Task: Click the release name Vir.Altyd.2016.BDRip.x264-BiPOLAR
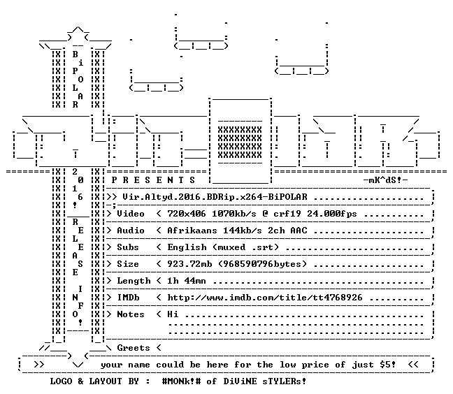(x=215, y=197)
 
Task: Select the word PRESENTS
(x=153, y=180)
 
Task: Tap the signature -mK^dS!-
(x=386, y=180)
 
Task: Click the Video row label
(x=131, y=214)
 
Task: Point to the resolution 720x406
(x=187, y=214)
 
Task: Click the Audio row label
(x=131, y=231)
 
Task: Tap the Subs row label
(x=128, y=247)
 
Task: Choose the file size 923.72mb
(x=189, y=264)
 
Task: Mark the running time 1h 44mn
(x=187, y=281)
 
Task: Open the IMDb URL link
(x=265, y=298)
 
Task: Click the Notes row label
(x=131, y=314)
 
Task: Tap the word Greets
(x=134, y=348)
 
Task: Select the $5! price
(x=388, y=365)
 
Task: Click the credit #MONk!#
(x=181, y=381)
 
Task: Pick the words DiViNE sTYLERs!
(x=265, y=381)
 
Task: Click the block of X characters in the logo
(x=240, y=142)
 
